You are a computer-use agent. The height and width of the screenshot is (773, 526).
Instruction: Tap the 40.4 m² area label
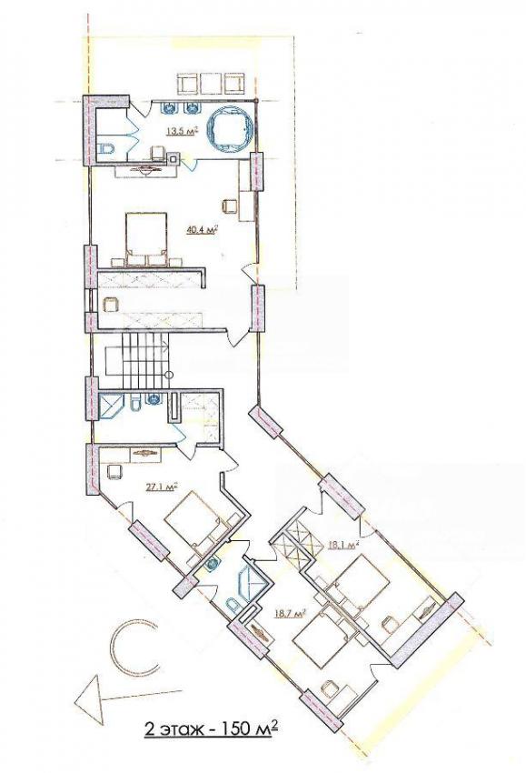[203, 229]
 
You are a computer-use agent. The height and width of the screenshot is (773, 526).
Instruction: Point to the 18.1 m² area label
[342, 546]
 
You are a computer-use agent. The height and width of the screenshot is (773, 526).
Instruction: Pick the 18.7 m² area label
[291, 614]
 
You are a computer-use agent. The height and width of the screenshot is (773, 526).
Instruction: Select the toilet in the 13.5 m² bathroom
[105, 148]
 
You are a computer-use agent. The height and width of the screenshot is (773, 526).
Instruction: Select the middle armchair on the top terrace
[211, 83]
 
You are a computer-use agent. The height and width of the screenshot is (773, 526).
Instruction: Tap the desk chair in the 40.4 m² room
[229, 205]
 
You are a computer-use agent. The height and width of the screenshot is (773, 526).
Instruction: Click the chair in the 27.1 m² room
[114, 471]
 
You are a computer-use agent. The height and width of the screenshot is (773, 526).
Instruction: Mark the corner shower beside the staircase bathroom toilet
[110, 407]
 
